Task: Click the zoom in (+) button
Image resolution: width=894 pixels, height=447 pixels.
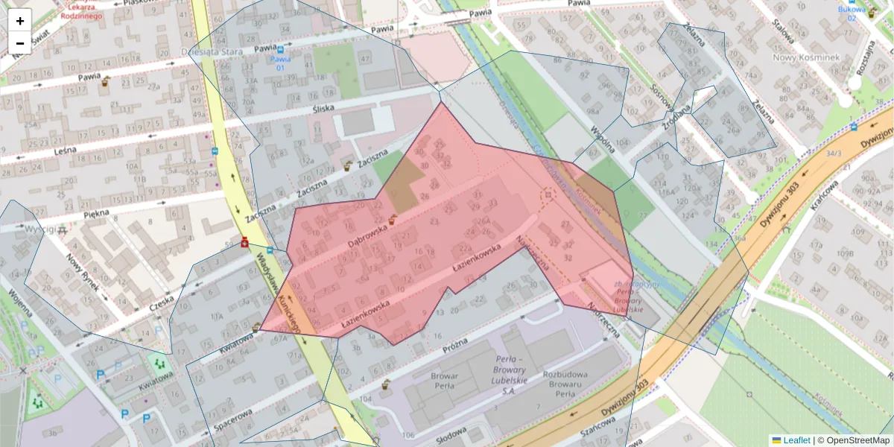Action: (x=20, y=21)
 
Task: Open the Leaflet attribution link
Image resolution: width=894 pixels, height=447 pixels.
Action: (x=796, y=440)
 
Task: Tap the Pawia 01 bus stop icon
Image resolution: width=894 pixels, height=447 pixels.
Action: (x=279, y=49)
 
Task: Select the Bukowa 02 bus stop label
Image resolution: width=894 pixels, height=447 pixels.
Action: (x=847, y=13)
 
